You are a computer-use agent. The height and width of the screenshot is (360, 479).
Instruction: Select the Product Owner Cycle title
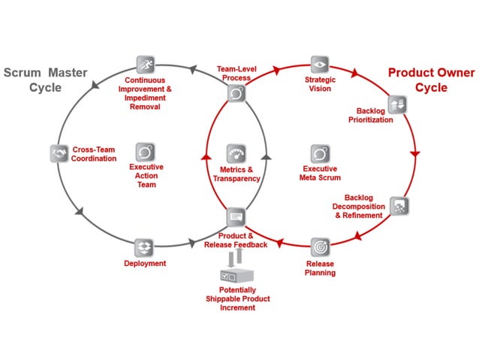click(x=430, y=80)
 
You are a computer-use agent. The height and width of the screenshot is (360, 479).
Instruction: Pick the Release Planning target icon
click(x=321, y=247)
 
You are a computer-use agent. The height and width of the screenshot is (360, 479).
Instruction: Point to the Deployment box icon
click(x=144, y=247)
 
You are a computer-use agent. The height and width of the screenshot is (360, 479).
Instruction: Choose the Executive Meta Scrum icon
click(x=321, y=153)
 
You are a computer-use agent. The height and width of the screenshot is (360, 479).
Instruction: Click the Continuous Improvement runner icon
click(x=146, y=64)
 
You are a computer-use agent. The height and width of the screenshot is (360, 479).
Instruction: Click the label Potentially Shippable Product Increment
click(x=238, y=298)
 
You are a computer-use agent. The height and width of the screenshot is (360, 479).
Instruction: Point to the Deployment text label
click(x=145, y=263)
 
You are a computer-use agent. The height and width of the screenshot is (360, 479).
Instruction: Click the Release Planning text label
click(x=321, y=268)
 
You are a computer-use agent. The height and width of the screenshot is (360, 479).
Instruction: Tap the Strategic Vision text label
click(x=320, y=83)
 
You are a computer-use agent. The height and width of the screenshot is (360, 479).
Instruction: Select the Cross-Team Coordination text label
click(x=94, y=153)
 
